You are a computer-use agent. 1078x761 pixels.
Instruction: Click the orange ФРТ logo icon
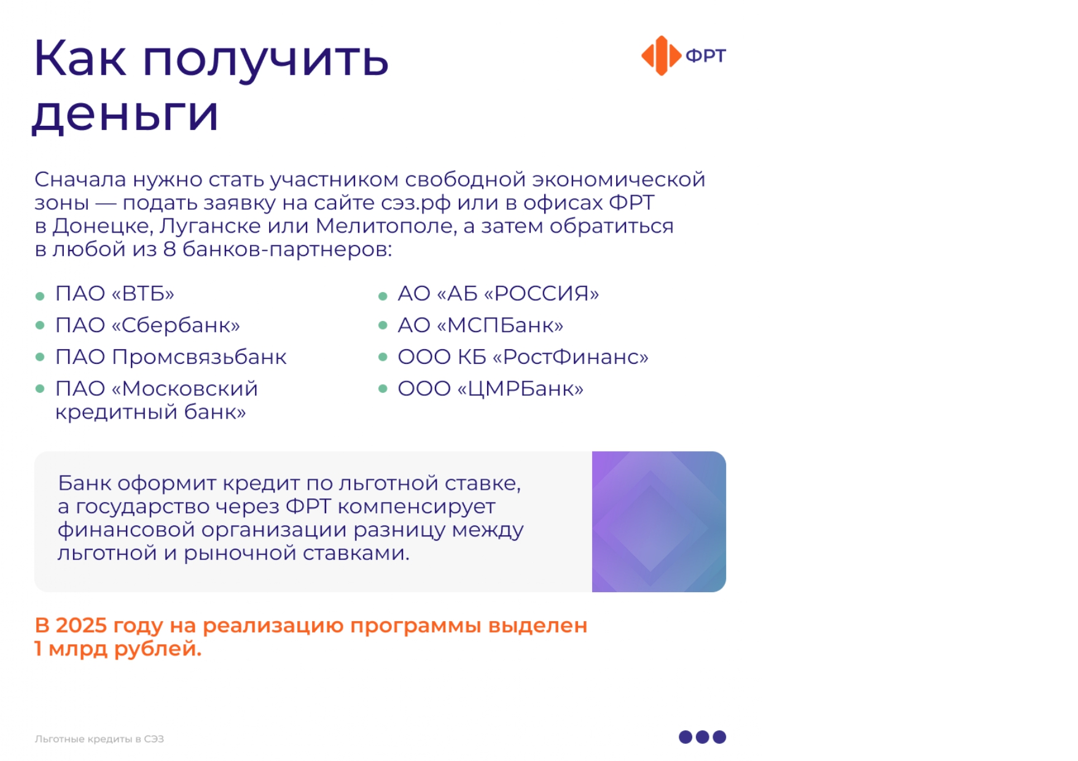coord(661,56)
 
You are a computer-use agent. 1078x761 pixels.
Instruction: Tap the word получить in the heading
coord(265,59)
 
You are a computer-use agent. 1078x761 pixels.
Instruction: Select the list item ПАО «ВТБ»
coord(115,293)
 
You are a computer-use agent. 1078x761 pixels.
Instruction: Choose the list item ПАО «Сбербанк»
coord(147,325)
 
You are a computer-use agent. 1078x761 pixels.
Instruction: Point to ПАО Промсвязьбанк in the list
coord(171,357)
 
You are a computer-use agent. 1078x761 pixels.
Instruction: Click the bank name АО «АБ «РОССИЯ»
coord(498,293)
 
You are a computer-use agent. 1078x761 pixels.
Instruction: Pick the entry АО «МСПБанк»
coord(480,325)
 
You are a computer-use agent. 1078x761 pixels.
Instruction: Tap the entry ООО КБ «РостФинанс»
coord(523,357)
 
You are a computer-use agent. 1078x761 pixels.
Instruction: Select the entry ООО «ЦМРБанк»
coord(491,389)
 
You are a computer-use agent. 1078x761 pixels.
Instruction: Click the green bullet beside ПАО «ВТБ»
coord(40,296)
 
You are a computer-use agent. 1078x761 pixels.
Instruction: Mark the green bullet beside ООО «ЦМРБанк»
coord(383,388)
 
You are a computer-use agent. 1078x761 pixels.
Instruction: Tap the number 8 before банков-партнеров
coord(170,250)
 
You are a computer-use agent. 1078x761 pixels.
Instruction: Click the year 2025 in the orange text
coord(81,625)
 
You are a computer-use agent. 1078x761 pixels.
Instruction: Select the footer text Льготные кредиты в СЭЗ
coord(100,739)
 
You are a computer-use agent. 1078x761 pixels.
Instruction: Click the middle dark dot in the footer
coord(703,737)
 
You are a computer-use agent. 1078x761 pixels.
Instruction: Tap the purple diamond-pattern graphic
coord(659,522)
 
